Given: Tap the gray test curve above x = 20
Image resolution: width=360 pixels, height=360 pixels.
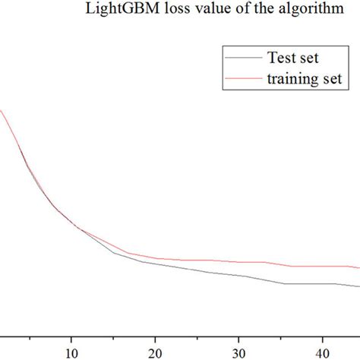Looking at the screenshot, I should coord(155,264).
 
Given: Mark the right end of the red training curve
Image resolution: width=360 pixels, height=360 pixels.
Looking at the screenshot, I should coord(358,268).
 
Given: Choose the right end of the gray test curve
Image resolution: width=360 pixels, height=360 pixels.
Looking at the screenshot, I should coord(358,286).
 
